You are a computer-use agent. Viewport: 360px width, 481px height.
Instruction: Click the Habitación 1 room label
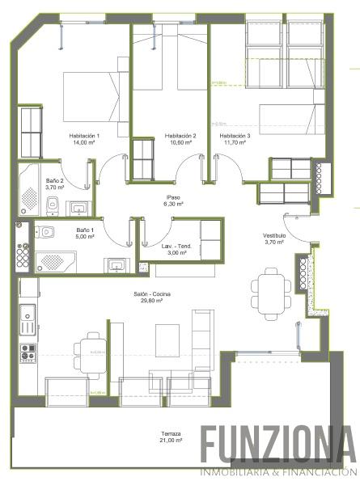tap(84, 135)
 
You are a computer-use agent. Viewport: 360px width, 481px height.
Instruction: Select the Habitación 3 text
tap(235, 135)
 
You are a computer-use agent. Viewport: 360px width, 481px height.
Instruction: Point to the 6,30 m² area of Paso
tap(173, 205)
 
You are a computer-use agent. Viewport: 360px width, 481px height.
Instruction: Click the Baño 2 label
tap(54, 180)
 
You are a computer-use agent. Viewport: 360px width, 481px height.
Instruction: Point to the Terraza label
tap(170, 433)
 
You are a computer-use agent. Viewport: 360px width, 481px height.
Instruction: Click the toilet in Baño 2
tap(52, 207)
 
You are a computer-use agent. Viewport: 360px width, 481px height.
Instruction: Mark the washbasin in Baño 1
tap(116, 264)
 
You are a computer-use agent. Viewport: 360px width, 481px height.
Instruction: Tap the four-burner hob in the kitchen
tap(28, 352)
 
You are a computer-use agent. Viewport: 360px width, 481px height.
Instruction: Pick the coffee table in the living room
tap(167, 336)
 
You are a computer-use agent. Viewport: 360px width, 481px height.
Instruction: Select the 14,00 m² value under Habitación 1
tap(84, 142)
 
